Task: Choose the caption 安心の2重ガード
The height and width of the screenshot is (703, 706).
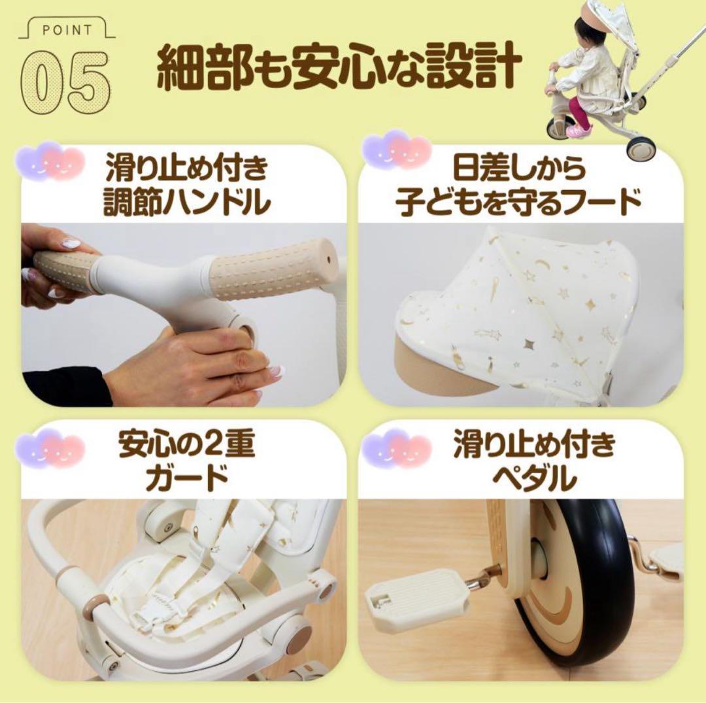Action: pyautogui.click(x=187, y=462)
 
